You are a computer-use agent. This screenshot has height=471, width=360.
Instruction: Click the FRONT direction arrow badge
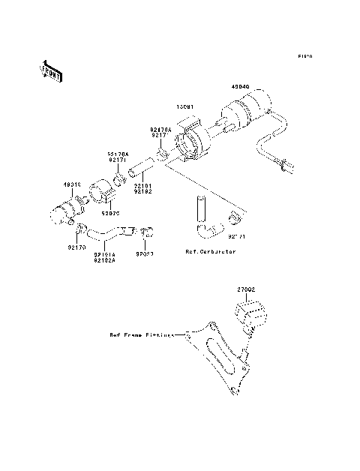[x=50, y=70]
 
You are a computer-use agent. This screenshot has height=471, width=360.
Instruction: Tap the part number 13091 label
[x=185, y=106]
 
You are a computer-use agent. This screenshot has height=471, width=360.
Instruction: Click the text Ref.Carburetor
[x=211, y=252]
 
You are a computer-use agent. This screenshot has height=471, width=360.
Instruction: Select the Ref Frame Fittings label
[x=141, y=335]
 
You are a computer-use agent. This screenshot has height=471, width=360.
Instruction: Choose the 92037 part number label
[x=145, y=253]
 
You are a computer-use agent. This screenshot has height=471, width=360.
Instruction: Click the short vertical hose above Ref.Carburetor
[x=199, y=205]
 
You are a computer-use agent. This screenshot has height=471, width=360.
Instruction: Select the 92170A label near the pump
[x=160, y=128]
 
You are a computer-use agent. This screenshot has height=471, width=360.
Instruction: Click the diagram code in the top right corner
[x=304, y=56]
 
